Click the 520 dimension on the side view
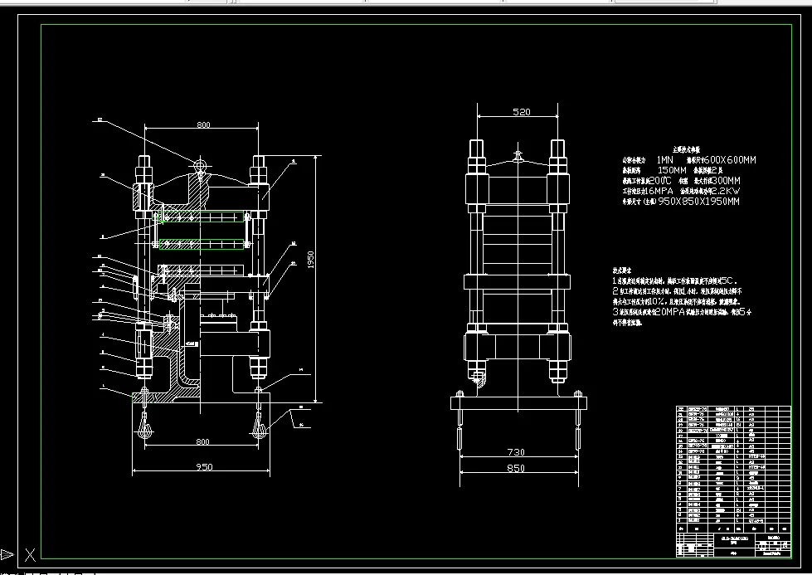(521, 112)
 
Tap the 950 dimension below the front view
(203, 467)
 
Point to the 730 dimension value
(516, 452)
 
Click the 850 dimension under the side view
(516, 469)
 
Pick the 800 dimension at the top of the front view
(203, 125)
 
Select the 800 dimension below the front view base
(203, 442)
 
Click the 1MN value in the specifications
(665, 159)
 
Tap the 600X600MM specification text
(729, 159)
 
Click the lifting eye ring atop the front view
(200, 165)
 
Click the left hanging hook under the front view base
(145, 427)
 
